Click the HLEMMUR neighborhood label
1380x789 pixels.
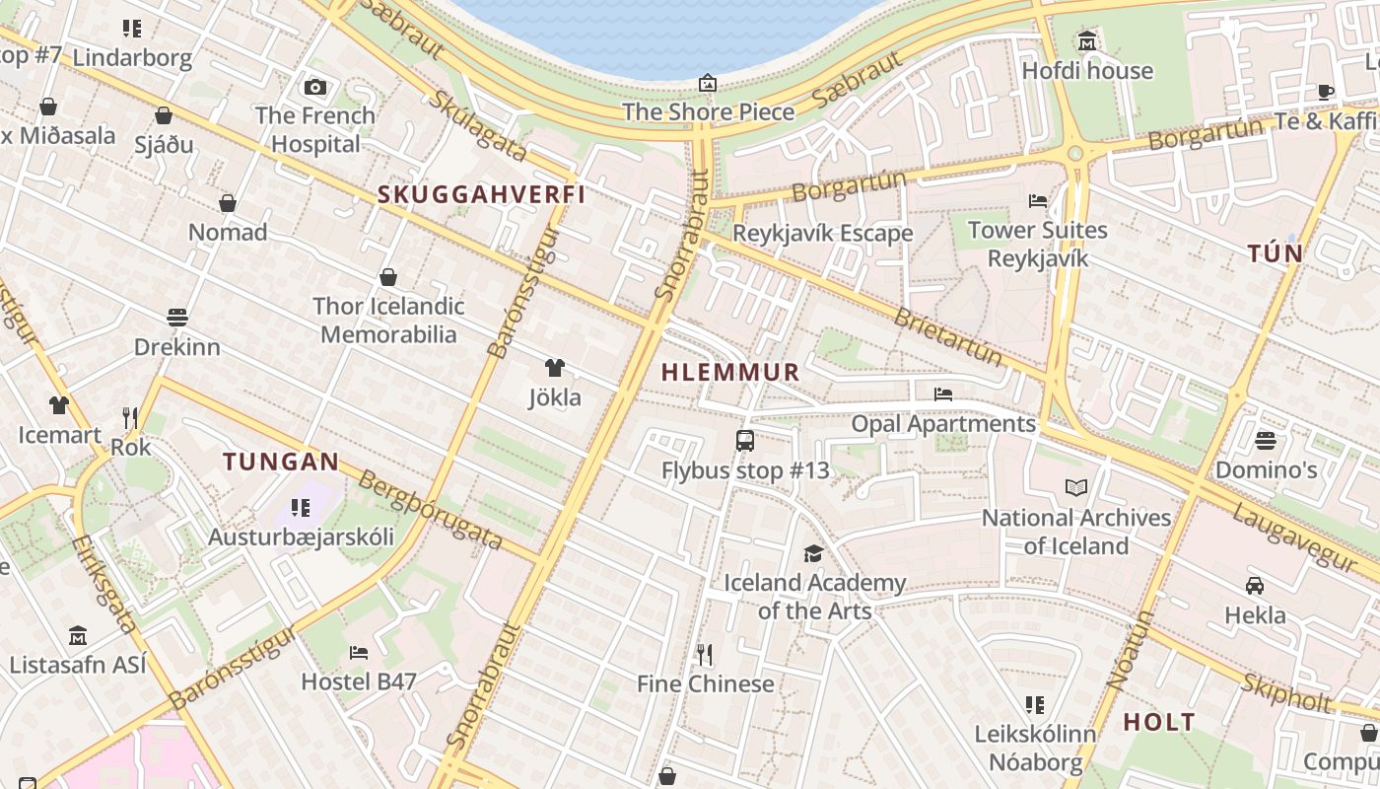tap(730, 372)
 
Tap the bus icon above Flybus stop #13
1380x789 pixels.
tap(745, 441)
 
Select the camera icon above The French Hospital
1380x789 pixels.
tap(315, 87)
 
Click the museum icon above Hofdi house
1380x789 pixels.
tap(1087, 41)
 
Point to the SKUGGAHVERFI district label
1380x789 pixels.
tap(481, 194)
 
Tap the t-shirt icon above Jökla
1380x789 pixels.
tap(555, 368)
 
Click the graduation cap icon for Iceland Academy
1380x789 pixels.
tap(813, 553)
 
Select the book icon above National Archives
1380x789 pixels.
tap(1076, 487)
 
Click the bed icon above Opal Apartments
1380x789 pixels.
tap(943, 394)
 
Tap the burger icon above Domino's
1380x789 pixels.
tap(1266, 440)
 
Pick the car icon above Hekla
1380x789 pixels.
tap(1255, 586)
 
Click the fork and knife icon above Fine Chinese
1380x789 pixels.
tap(705, 654)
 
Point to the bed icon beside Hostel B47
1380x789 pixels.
tap(359, 652)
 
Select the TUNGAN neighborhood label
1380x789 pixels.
tap(281, 462)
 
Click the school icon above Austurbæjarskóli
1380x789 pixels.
tap(301, 508)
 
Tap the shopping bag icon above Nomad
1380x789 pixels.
tap(228, 203)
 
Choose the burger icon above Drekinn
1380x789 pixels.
tap(177, 318)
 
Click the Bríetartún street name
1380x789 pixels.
tap(946, 336)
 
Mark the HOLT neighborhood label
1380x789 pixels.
tap(1159, 722)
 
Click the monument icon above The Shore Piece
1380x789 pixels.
tap(708, 83)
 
